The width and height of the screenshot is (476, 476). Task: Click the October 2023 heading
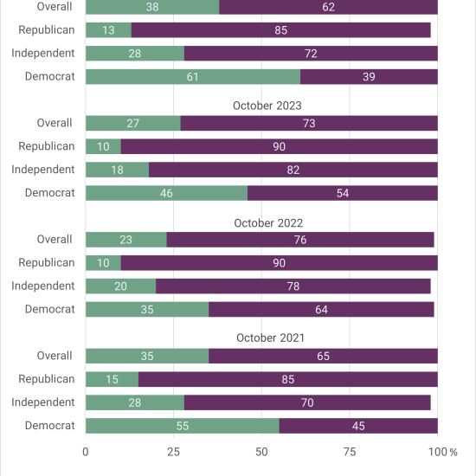pos(267,106)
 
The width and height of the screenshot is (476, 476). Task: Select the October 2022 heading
pos(268,222)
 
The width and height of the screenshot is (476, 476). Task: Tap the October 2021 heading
pos(270,338)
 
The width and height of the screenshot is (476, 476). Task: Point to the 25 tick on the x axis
pos(173,452)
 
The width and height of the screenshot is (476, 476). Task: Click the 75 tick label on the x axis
pos(350,452)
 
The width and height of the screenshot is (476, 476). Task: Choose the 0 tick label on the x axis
pos(86,452)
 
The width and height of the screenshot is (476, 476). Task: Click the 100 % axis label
pos(442,452)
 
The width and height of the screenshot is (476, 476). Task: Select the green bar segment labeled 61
pos(193,76)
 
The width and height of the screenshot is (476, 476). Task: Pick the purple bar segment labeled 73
pos(309,123)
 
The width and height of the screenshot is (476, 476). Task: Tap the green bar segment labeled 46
pos(166,193)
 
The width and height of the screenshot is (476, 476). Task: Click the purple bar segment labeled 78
pos(293,286)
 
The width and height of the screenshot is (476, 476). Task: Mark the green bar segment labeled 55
pos(182,426)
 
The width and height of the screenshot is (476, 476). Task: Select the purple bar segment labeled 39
pos(369,76)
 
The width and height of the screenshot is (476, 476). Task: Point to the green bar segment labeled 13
pos(108,30)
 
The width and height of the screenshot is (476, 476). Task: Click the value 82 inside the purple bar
pos(293,170)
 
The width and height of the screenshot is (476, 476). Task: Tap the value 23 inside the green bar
pos(125,240)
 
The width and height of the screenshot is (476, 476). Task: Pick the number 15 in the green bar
pos(112,379)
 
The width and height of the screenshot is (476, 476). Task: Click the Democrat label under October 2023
pos(50,193)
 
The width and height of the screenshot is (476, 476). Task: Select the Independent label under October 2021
pos(42,402)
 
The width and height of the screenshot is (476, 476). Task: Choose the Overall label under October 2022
pos(55,239)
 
